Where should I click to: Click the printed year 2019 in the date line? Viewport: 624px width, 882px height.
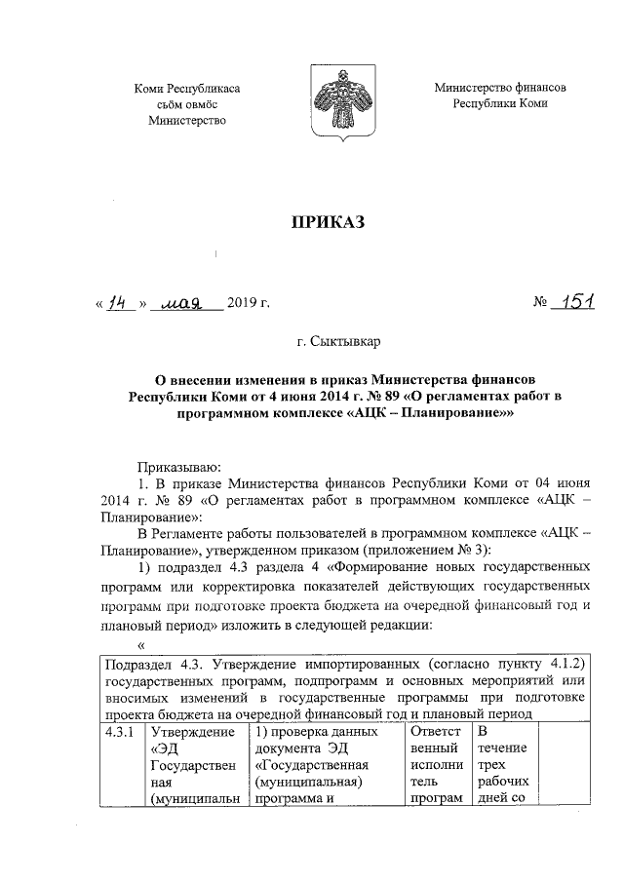(x=244, y=304)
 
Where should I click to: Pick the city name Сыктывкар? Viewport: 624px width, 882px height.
(x=346, y=343)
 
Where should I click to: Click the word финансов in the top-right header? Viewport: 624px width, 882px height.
(x=542, y=87)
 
